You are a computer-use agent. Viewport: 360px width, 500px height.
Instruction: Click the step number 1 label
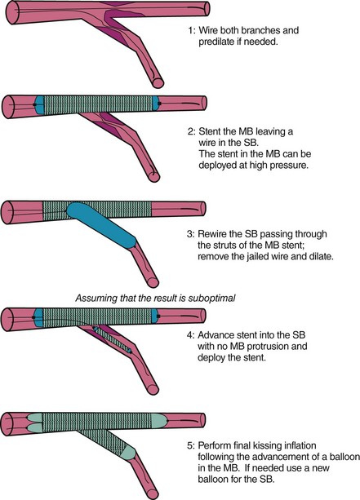(191, 31)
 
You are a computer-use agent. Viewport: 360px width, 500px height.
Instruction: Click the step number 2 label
(191, 131)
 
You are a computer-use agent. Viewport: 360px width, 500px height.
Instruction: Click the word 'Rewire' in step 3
(212, 234)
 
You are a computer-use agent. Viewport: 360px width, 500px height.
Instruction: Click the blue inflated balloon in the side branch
(101, 224)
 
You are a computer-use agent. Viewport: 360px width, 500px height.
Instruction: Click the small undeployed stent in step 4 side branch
(113, 339)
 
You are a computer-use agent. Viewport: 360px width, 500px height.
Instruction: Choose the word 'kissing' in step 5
(264, 446)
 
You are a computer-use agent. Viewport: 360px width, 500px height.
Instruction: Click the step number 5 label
(190, 446)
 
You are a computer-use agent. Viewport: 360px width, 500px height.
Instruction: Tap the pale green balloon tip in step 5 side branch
(128, 453)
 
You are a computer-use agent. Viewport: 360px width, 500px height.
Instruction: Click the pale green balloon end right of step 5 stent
(158, 420)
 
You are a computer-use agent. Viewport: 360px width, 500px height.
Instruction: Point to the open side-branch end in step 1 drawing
(158, 83)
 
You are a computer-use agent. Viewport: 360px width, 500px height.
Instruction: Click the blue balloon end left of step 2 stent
(38, 104)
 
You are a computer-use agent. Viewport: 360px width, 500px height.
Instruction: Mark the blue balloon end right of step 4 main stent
(155, 316)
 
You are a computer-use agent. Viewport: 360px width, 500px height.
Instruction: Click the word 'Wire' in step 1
(208, 31)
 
